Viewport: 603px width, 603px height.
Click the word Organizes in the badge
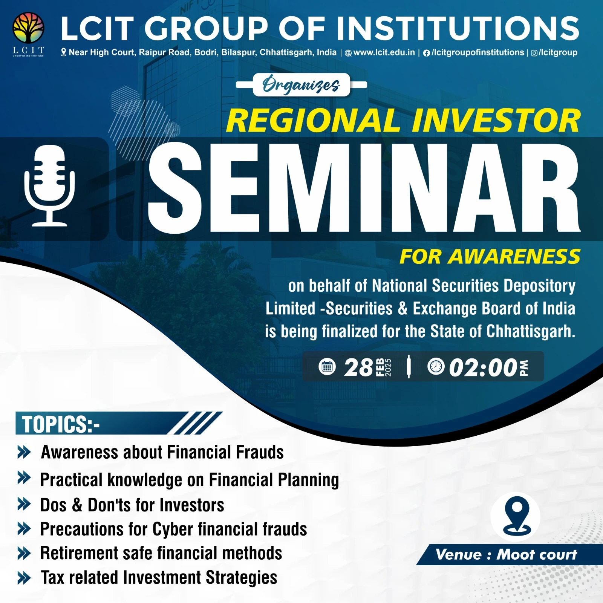click(301, 85)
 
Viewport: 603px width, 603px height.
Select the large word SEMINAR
click(364, 187)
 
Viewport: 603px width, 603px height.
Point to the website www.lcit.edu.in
click(384, 52)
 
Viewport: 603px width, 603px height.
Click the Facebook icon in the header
click(426, 53)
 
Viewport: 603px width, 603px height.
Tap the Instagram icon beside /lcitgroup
click(534, 53)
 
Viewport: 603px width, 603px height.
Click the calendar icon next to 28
click(327, 367)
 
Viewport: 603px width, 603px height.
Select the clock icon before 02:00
click(436, 366)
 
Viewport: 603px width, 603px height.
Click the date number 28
click(358, 367)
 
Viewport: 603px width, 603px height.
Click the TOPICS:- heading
click(61, 424)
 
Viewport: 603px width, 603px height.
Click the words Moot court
click(537, 554)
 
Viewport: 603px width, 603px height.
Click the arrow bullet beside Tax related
click(24, 578)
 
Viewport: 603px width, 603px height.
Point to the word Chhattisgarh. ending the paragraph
click(531, 332)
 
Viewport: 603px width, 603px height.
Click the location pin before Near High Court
click(64, 52)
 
